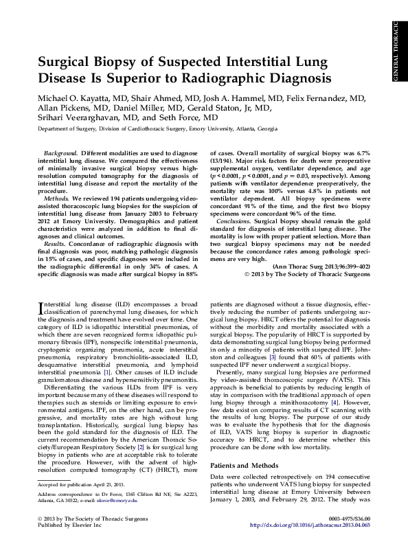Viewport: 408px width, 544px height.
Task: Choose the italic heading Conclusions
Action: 233,222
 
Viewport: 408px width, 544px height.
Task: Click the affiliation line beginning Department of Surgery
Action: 158,128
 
